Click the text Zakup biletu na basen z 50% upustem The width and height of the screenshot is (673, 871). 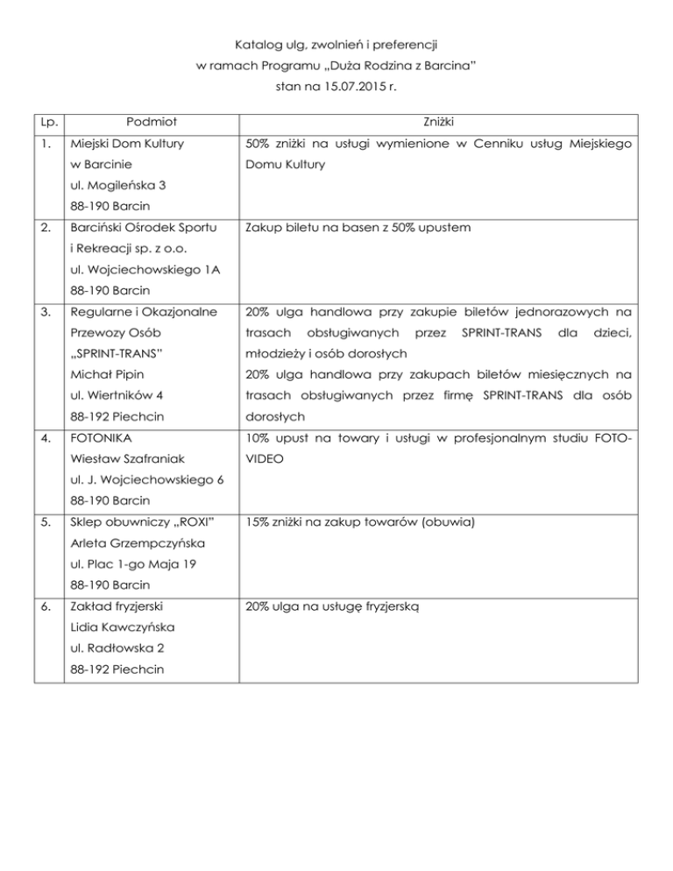(x=359, y=228)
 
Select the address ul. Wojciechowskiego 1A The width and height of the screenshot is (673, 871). (x=140, y=270)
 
